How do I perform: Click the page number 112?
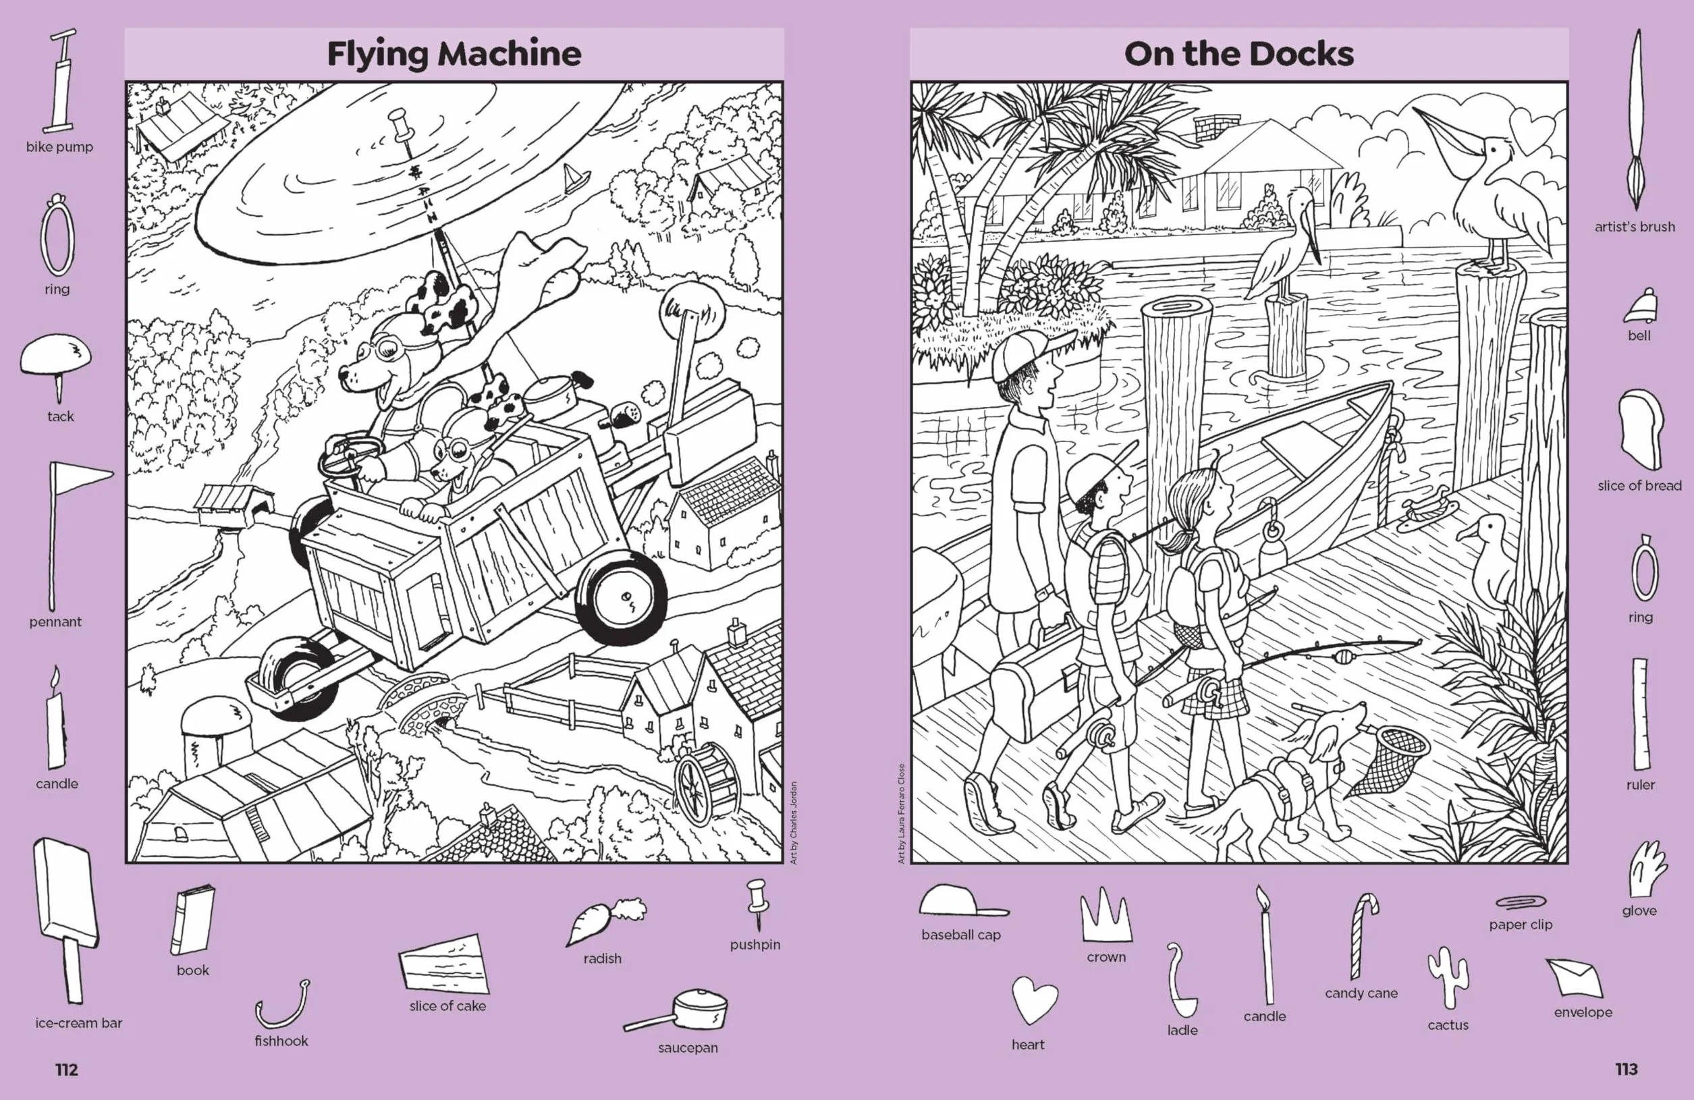(66, 1070)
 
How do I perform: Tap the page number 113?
(1627, 1069)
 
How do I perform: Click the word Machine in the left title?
(509, 53)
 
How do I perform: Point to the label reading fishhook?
(281, 1040)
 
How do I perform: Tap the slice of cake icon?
(445, 964)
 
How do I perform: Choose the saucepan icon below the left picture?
(676, 1010)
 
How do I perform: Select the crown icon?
(1105, 915)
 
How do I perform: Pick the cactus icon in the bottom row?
(1447, 977)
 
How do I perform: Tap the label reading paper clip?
(1521, 925)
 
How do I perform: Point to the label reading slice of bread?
(1639, 485)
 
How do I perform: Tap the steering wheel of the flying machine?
(349, 459)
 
